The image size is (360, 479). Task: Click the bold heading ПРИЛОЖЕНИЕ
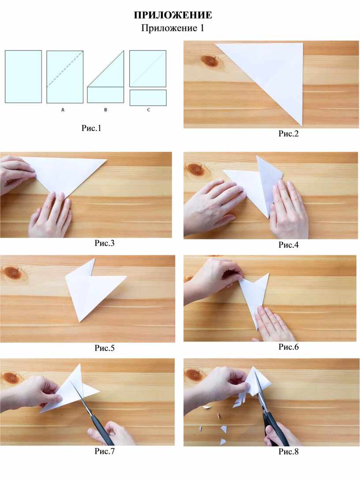click(173, 15)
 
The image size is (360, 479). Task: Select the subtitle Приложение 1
click(172, 28)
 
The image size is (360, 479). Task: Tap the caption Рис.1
click(91, 128)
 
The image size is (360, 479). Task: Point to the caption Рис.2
click(288, 133)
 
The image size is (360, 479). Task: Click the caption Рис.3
click(105, 243)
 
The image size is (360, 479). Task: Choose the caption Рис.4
click(288, 245)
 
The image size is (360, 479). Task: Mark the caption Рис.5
click(105, 348)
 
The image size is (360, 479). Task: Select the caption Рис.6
click(288, 347)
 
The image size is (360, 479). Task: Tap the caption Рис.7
click(105, 451)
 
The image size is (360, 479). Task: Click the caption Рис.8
click(288, 451)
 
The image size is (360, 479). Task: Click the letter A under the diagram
click(63, 109)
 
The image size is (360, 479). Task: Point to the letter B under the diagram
click(105, 109)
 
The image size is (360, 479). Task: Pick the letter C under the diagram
click(149, 109)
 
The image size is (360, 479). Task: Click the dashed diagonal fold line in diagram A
click(65, 69)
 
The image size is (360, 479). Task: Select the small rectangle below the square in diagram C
click(148, 98)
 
